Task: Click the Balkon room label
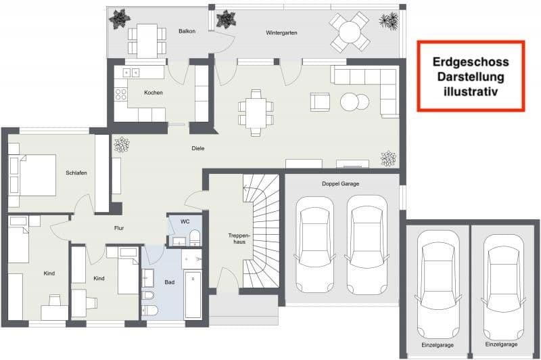tap(187, 32)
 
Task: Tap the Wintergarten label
tap(281, 32)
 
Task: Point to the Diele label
tap(198, 148)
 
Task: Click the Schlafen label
tap(76, 173)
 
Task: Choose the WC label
tap(185, 221)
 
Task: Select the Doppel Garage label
tap(340, 184)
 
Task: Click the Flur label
tap(118, 228)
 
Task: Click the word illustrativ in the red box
tap(471, 89)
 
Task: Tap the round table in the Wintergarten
tap(350, 32)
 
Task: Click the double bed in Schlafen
tap(32, 175)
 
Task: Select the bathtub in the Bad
tap(193, 294)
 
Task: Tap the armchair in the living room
tap(320, 102)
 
